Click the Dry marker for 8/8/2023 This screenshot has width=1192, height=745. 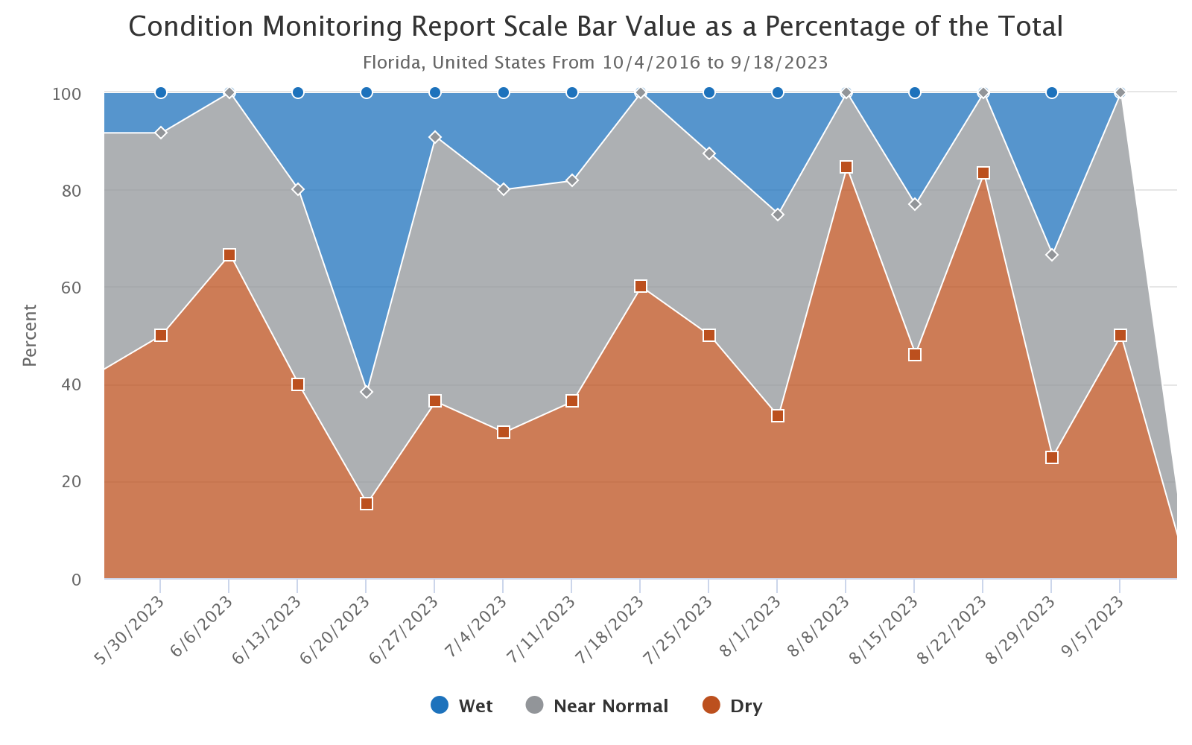tap(846, 167)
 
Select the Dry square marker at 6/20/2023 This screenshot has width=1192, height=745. tap(367, 504)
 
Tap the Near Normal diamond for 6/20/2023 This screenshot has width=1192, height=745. tap(367, 392)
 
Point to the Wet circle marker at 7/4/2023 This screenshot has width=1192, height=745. tap(504, 92)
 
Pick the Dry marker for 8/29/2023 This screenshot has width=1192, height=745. tap(1052, 457)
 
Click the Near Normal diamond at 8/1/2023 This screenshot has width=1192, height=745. tap(778, 215)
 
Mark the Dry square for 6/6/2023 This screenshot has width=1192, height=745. tap(229, 256)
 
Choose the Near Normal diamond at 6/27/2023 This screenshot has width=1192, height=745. tap(435, 137)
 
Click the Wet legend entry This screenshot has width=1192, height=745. tap(462, 706)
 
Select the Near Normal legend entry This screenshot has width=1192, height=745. tap(597, 706)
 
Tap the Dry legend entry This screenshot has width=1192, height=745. tap(733, 706)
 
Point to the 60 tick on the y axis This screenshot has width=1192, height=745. tap(72, 288)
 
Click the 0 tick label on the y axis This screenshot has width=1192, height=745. tap(77, 580)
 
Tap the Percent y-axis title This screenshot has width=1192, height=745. tap(30, 335)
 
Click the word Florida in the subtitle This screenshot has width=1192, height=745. tap(392, 62)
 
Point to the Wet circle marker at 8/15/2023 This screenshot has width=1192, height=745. tap(915, 92)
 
